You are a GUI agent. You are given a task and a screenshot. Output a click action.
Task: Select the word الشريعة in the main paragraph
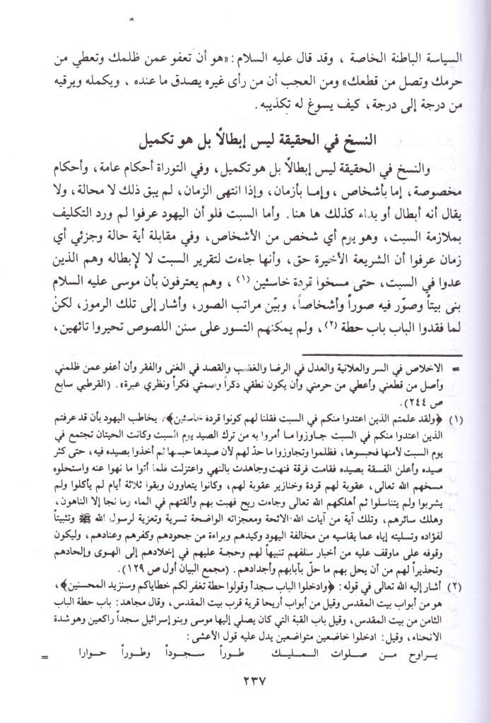coord(341,252)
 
